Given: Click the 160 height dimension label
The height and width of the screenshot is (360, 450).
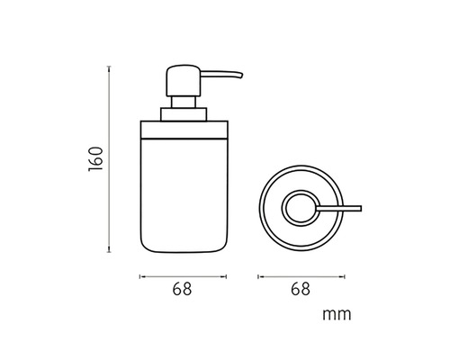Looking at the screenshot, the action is pyautogui.click(x=95, y=159).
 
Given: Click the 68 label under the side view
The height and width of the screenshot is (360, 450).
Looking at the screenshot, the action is pyautogui.click(x=182, y=289).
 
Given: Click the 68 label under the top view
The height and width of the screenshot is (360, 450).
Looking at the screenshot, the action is pyautogui.click(x=301, y=289).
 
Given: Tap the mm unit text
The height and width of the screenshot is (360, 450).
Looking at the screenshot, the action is pyautogui.click(x=337, y=315).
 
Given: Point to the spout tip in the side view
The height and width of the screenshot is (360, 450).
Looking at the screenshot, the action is pyautogui.click(x=240, y=75).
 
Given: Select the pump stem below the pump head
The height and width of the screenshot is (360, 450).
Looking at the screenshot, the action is pyautogui.click(x=183, y=102).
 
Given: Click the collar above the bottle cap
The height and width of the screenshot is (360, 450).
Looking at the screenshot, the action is pyautogui.click(x=184, y=114).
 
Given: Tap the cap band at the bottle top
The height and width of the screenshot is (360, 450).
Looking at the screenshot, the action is pyautogui.click(x=184, y=130).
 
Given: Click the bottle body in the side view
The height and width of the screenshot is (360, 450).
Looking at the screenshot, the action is pyautogui.click(x=184, y=195).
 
